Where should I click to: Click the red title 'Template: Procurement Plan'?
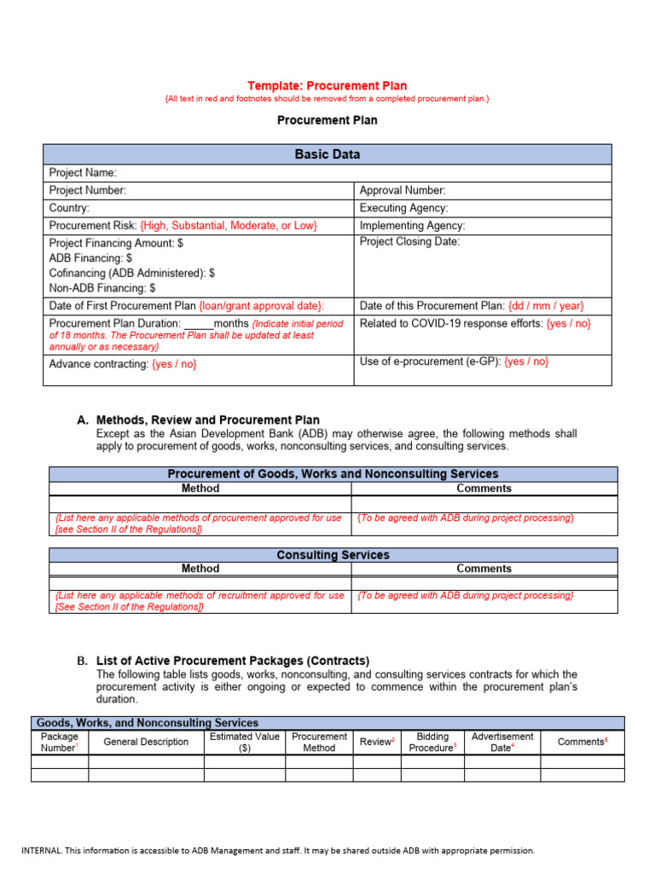tap(327, 85)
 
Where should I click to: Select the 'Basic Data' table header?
tap(327, 154)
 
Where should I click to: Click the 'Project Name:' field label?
tap(83, 173)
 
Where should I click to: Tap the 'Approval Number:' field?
tap(402, 191)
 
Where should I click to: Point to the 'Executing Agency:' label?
tap(403, 208)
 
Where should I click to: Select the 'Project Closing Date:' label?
tap(409, 242)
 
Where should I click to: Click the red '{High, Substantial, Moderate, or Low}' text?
tap(229, 226)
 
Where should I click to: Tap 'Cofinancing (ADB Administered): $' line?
tap(132, 274)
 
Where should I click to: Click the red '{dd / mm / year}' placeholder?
tap(546, 306)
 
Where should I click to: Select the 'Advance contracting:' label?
tap(99, 364)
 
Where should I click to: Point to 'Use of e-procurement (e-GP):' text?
tap(430, 361)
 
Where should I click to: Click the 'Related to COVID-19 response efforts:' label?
tap(451, 324)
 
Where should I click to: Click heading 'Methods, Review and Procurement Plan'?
tap(208, 419)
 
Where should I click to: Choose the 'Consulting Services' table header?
tap(333, 555)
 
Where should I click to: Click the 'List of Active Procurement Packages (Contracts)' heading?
tap(233, 661)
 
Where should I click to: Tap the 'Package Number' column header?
tap(59, 742)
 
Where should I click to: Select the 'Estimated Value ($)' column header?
tap(244, 742)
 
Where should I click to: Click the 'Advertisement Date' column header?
tap(501, 742)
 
